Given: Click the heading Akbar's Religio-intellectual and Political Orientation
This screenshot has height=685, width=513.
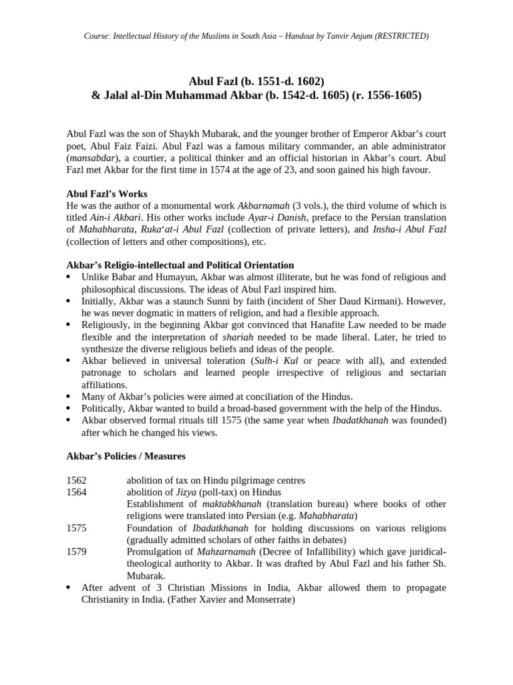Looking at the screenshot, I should (180, 266).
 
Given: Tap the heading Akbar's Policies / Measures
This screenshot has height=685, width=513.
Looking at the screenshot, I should (126, 457).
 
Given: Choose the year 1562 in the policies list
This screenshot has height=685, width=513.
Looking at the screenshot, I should (77, 481).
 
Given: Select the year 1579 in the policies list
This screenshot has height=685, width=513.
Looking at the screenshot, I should (77, 553).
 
